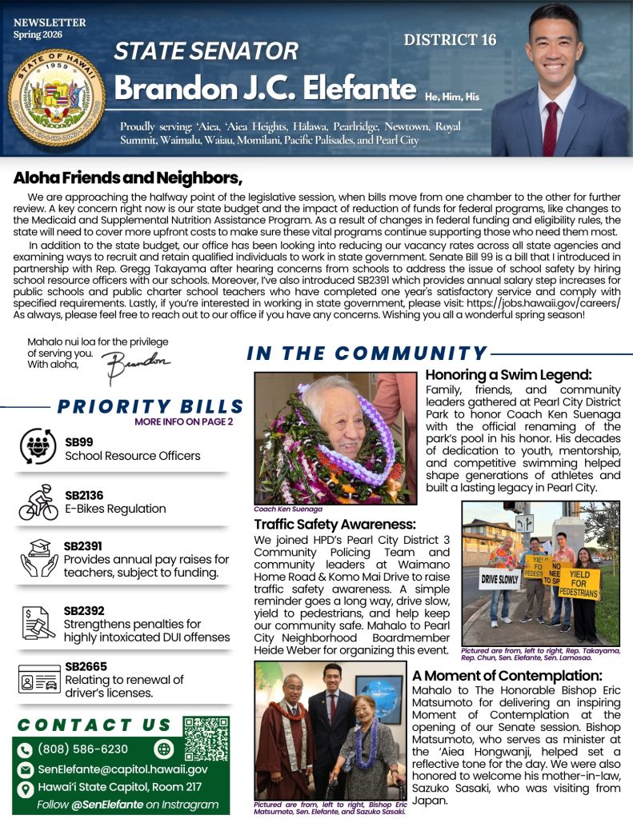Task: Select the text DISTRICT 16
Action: (450, 40)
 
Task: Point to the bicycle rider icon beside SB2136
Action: (38, 501)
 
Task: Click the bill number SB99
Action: (79, 441)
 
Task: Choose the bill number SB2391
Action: (83, 545)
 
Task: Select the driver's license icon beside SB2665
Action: (38, 680)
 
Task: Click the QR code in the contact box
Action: (206, 738)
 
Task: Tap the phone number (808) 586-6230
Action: (83, 749)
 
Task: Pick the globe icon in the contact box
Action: (164, 749)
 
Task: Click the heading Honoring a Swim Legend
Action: (508, 374)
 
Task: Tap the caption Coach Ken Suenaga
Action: (286, 509)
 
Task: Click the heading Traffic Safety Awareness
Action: (335, 525)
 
